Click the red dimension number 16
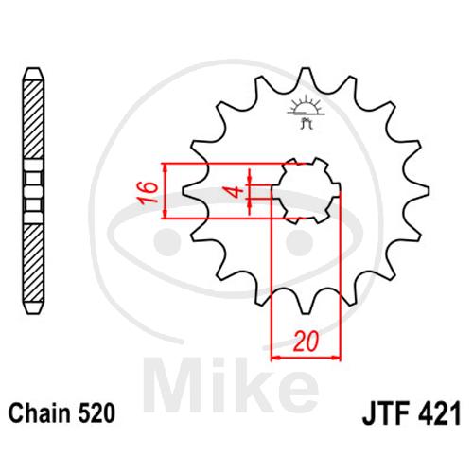click(x=148, y=192)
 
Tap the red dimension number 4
click(x=236, y=191)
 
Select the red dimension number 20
click(x=306, y=342)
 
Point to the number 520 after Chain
click(x=96, y=413)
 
